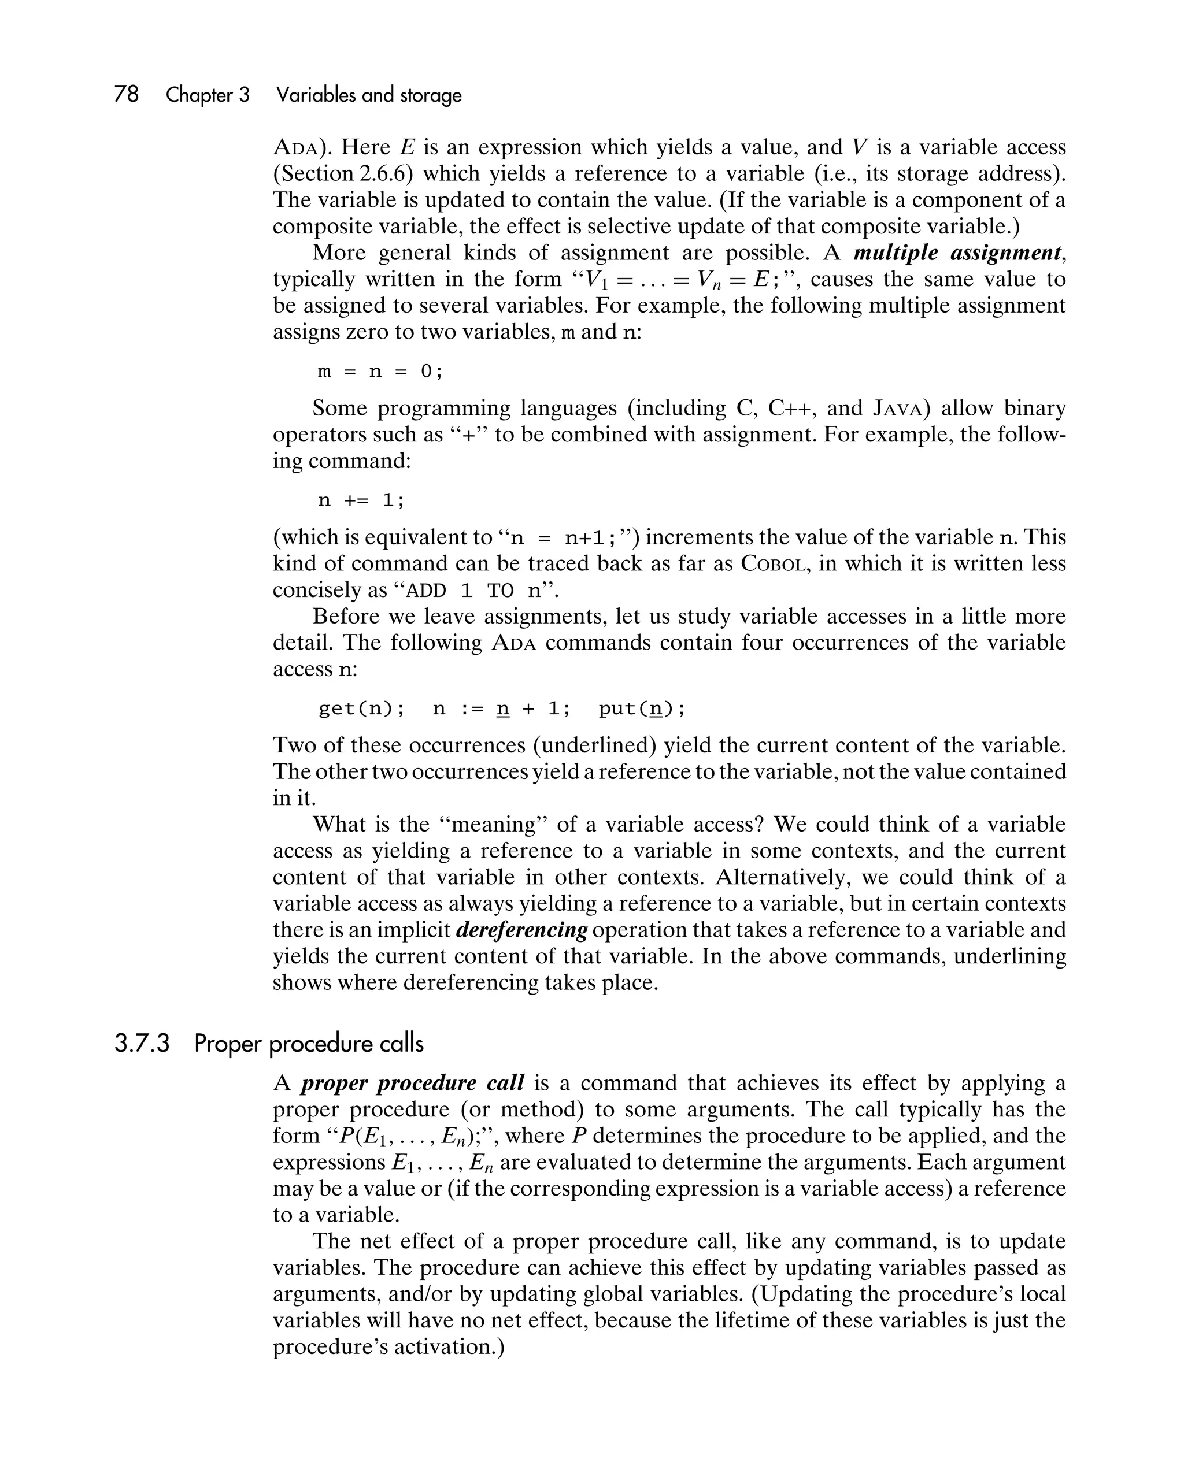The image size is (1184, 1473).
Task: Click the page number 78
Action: coord(127,94)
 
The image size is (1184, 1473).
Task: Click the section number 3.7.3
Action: coord(142,1044)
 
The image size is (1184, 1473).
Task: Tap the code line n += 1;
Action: coord(362,501)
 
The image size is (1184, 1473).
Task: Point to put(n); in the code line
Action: coord(641,708)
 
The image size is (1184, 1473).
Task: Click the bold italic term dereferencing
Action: coord(521,930)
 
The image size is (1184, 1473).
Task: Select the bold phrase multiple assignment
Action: coord(959,253)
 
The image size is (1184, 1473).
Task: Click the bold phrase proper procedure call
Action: coord(412,1083)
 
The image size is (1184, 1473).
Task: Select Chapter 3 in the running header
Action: coord(208,94)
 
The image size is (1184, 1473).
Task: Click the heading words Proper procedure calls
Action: coord(309,1044)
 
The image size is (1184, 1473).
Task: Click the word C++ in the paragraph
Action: coord(790,409)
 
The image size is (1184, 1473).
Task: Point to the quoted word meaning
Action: coord(493,824)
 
